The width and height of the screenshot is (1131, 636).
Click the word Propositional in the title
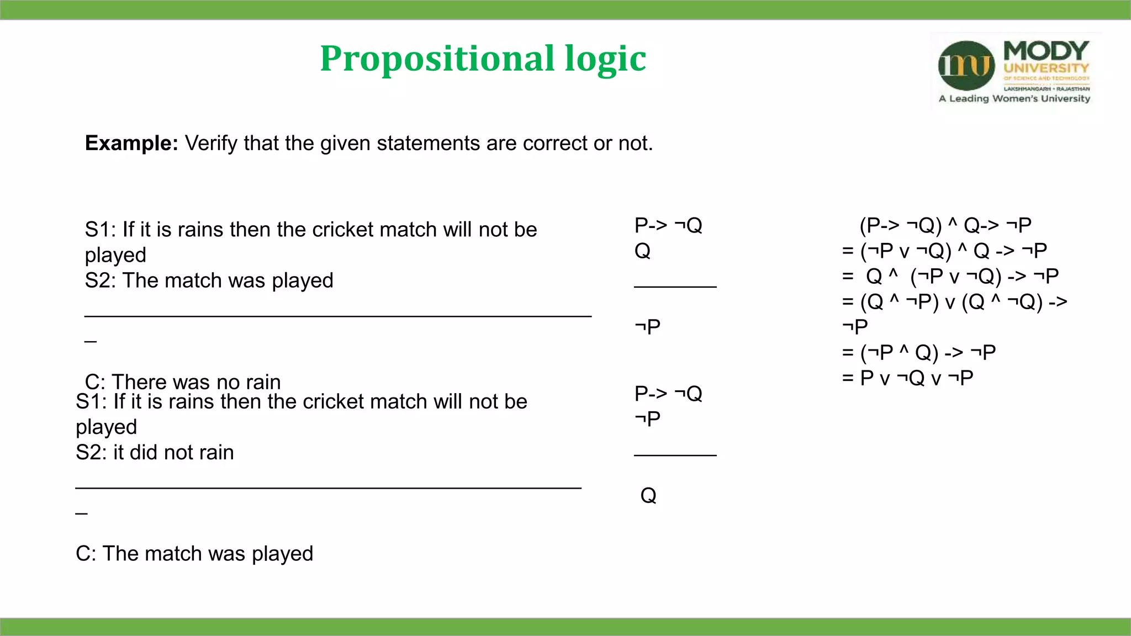click(437, 59)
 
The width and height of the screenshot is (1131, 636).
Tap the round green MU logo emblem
click(966, 66)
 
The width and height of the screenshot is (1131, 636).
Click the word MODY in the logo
click(1046, 51)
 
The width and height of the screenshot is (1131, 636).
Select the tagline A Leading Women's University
click(1014, 99)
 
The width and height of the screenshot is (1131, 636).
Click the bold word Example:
click(131, 143)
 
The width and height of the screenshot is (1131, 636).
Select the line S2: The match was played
click(209, 280)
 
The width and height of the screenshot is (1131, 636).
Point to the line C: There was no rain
click(183, 381)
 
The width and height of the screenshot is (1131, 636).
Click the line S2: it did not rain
click(155, 452)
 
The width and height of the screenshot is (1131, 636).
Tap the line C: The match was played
click(194, 553)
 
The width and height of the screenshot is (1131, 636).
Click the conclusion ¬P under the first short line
click(647, 326)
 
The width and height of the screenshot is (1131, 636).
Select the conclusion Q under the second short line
click(648, 495)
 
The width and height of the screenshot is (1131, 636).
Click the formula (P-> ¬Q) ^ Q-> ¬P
click(945, 225)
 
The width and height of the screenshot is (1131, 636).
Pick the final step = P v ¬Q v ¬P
click(907, 378)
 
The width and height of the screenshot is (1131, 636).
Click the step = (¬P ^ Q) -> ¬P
click(918, 352)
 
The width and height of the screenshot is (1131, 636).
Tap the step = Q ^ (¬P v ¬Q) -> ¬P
click(950, 276)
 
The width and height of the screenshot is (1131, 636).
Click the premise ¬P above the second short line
click(647, 418)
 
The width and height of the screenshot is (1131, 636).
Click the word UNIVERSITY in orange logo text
click(1046, 68)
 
